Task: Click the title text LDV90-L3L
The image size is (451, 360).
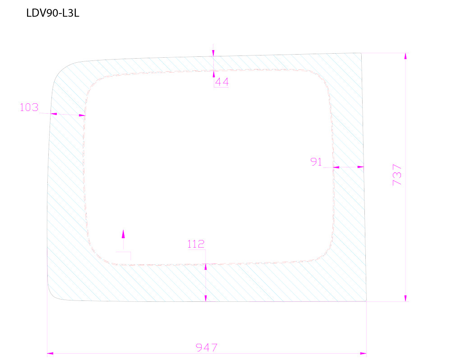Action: click(x=53, y=14)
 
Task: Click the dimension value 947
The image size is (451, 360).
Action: click(x=207, y=348)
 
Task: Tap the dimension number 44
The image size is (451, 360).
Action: click(x=221, y=82)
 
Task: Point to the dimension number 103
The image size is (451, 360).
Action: click(x=29, y=107)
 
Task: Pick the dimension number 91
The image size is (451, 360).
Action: click(x=316, y=162)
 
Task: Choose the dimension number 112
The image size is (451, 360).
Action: click(x=196, y=245)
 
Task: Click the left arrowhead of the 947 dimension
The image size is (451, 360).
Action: click(x=50, y=353)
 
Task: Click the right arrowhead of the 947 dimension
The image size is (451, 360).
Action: click(x=364, y=353)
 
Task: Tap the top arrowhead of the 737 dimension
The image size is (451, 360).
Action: click(x=405, y=56)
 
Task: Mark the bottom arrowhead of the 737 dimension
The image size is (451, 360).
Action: click(x=405, y=298)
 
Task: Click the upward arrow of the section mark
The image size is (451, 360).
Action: click(x=123, y=233)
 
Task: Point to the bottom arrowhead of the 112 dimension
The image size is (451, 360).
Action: click(x=206, y=298)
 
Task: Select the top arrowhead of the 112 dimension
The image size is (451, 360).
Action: click(x=206, y=267)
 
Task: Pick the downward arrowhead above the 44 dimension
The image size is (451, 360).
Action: click(x=213, y=53)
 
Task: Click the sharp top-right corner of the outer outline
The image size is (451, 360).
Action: click(x=362, y=53)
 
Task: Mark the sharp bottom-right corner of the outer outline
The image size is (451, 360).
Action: click(x=366, y=300)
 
